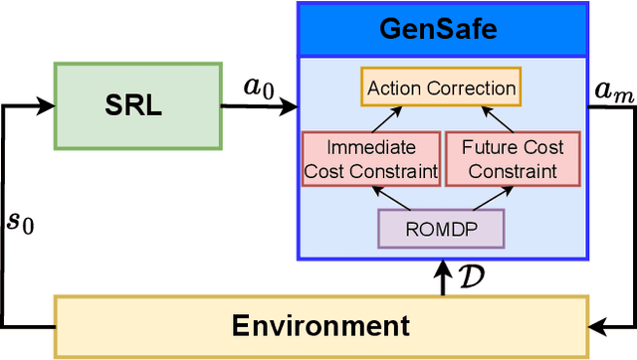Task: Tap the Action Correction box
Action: (x=441, y=88)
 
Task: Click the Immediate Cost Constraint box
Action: (x=370, y=158)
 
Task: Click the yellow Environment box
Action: (x=319, y=325)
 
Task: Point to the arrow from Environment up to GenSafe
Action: (x=440, y=277)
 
